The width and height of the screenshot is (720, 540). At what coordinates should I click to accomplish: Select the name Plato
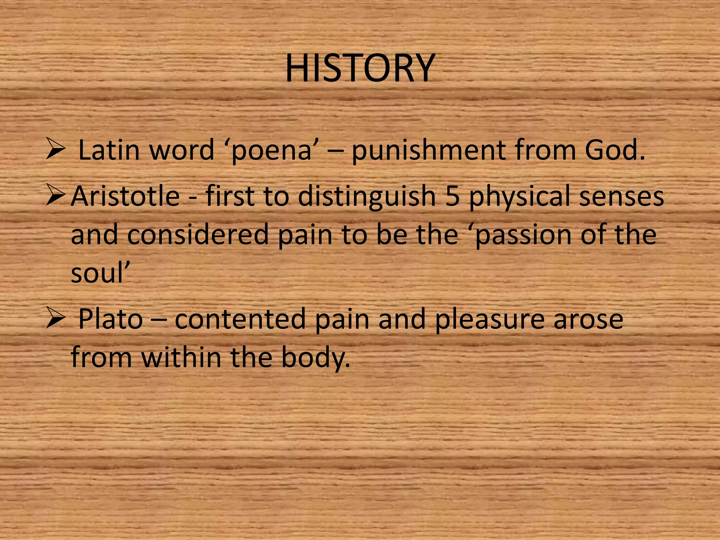tap(110, 319)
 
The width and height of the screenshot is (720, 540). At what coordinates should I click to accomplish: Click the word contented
tap(240, 319)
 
